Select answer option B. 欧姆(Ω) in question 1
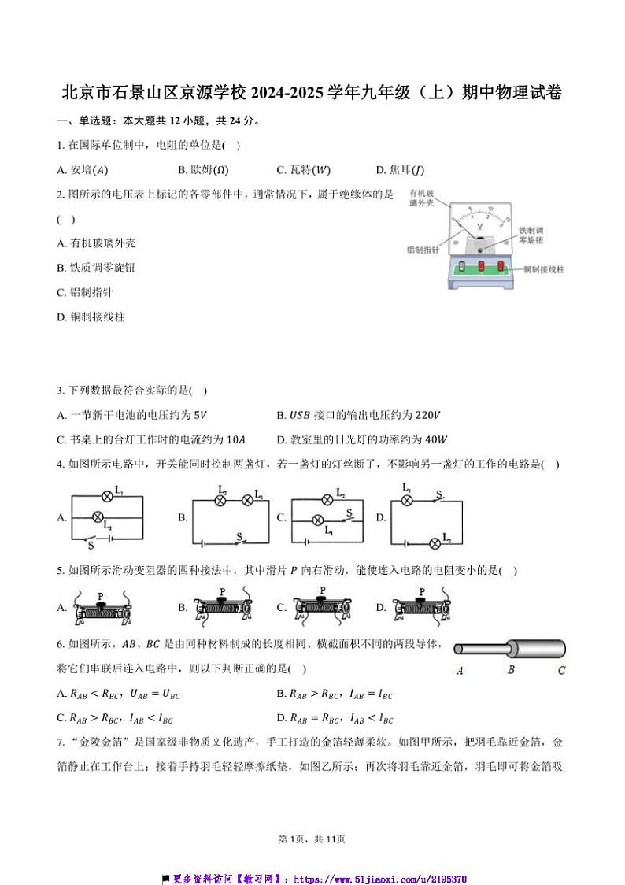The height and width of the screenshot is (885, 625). [x=204, y=170]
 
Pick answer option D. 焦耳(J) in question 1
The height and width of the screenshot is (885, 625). [x=401, y=170]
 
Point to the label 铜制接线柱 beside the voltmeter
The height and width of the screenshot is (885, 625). [x=544, y=268]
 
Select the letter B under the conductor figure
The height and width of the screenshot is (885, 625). [x=511, y=671]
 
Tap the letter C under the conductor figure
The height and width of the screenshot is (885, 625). [x=561, y=671]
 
